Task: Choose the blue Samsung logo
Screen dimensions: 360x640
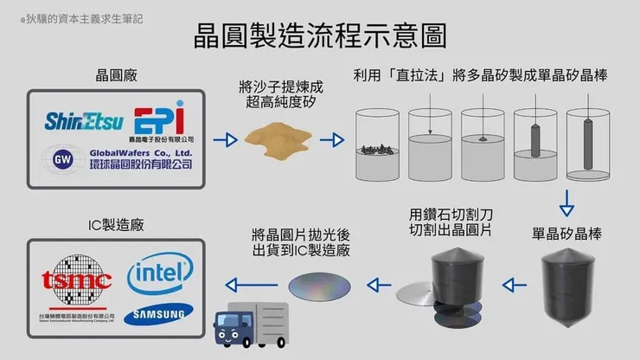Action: point(157,315)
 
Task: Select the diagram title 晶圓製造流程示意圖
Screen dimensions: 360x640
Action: point(319,36)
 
